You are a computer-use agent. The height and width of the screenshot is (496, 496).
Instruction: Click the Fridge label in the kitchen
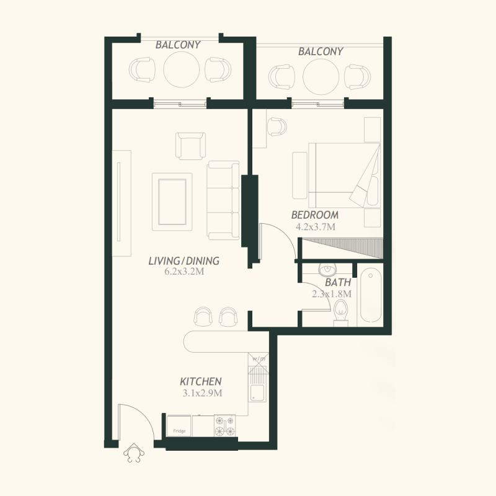point(179,431)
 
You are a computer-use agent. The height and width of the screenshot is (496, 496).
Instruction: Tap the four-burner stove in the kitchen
point(225,425)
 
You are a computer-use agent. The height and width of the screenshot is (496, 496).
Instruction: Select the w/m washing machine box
point(259,359)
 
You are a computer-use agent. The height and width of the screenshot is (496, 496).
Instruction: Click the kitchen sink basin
point(257,393)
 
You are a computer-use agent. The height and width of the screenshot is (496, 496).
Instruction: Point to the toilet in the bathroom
point(340,313)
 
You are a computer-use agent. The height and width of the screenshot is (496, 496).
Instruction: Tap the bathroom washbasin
point(327,270)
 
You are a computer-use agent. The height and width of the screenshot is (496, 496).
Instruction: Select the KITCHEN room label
point(200,381)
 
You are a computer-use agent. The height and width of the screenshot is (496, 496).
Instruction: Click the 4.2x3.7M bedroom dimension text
point(316,227)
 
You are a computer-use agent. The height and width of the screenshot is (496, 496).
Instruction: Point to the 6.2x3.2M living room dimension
point(184,272)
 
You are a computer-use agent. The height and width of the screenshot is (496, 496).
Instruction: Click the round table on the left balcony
point(182,69)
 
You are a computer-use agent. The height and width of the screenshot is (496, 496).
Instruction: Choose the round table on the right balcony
point(321,76)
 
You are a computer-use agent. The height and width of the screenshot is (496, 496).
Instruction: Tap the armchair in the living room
point(190,146)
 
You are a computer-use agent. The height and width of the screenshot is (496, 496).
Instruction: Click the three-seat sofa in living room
point(223,200)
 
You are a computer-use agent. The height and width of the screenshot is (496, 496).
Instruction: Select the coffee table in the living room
point(172,202)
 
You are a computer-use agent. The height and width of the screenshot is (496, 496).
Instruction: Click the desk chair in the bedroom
point(277,127)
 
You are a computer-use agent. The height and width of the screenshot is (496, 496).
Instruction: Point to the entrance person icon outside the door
point(134,453)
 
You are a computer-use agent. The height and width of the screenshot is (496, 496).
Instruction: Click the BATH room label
point(338,282)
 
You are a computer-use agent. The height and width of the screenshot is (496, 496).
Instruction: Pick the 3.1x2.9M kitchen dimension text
point(203,393)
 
